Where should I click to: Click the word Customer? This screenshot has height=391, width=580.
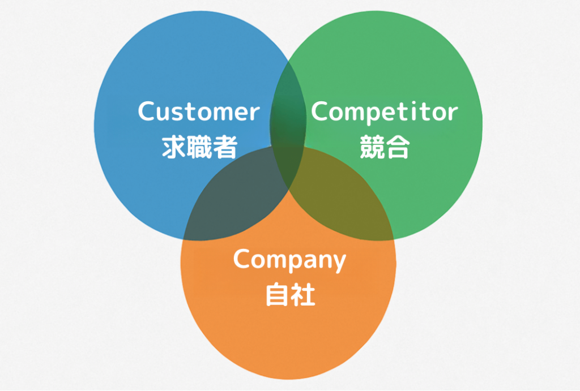coord(198,111)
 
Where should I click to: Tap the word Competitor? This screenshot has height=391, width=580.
coord(384,111)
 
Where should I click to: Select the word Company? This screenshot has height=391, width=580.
coord(289,260)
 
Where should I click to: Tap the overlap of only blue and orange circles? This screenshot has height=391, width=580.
coord(238,198)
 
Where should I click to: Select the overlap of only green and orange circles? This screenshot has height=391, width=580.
coord(340,198)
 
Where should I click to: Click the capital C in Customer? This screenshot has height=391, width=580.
coord(147,111)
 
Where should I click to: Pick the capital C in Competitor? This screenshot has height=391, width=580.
coord(319,111)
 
